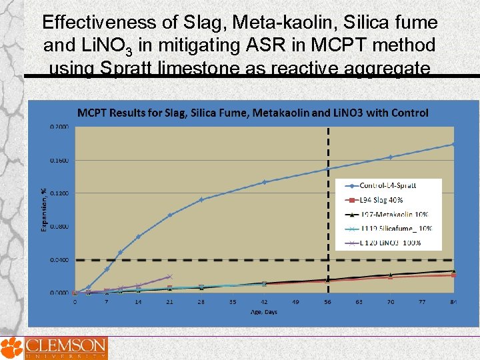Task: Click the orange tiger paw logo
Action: point(11,347)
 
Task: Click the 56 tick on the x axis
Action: point(327,302)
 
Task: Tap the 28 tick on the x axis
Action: point(201,302)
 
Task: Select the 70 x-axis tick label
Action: point(391,302)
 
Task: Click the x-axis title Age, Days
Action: point(264,311)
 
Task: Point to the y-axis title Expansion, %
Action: point(45,210)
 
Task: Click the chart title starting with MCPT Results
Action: point(253,113)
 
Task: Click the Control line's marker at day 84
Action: point(453,144)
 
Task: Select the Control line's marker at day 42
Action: point(265,182)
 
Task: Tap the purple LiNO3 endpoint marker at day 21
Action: point(170,276)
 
